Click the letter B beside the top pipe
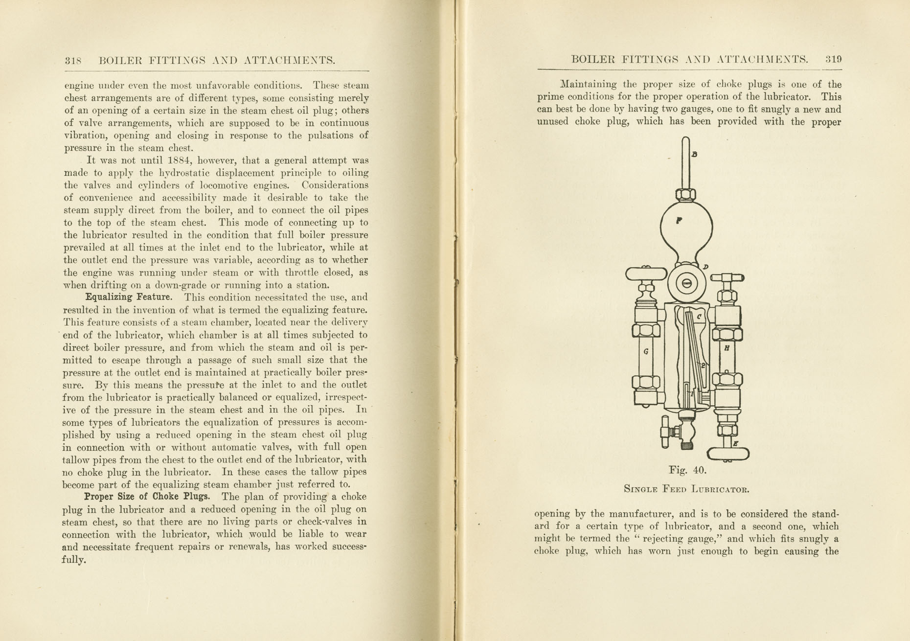click(x=694, y=155)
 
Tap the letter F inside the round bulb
click(x=679, y=221)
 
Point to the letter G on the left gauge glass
click(x=646, y=351)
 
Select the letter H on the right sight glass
click(x=727, y=348)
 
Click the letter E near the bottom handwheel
click(x=735, y=444)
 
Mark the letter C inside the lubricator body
click(x=699, y=317)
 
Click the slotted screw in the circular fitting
click(x=686, y=283)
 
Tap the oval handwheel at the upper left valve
click(x=646, y=274)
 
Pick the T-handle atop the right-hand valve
click(x=727, y=278)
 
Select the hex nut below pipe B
click(x=686, y=195)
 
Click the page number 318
click(x=73, y=61)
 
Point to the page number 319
click(x=833, y=60)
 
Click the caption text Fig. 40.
click(x=687, y=470)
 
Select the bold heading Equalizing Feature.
click(x=129, y=297)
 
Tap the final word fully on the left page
click(x=74, y=560)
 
